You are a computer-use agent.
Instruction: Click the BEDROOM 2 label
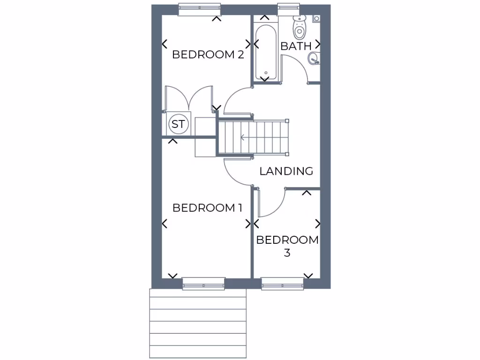(208, 54)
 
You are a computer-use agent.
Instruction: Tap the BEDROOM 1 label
(208, 208)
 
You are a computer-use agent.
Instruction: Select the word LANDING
(286, 171)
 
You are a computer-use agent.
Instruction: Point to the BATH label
(296, 46)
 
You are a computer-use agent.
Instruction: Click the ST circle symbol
(178, 124)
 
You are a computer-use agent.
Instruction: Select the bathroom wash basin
(314, 59)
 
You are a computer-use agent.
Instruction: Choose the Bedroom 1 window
(203, 283)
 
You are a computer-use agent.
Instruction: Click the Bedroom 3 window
(283, 283)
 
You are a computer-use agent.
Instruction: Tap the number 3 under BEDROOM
(287, 253)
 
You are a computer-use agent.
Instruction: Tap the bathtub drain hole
(266, 73)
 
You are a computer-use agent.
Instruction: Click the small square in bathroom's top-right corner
(317, 19)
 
